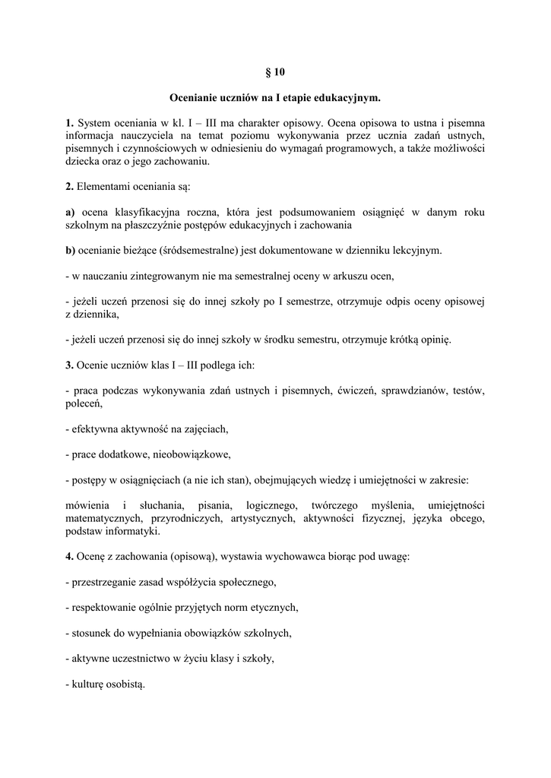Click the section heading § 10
tap(275, 73)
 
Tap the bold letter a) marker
tap(70, 212)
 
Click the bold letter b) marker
tap(70, 250)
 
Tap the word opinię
tap(433, 340)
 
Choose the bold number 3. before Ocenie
tap(69, 365)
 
